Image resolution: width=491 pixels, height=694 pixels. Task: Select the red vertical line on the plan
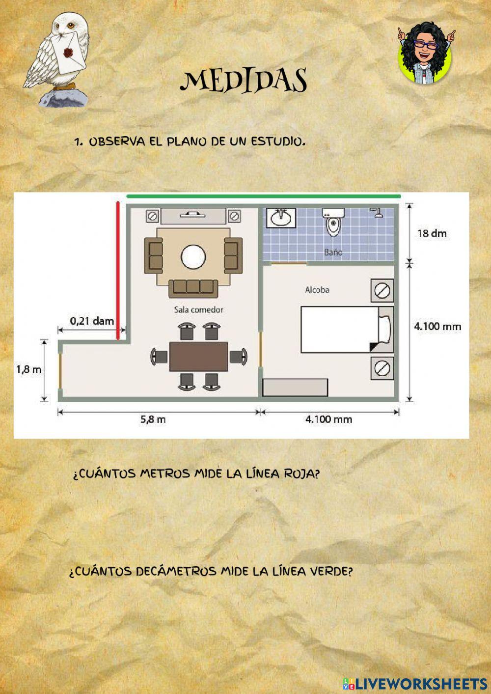click(118, 270)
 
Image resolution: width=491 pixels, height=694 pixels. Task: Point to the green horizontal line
click(264, 196)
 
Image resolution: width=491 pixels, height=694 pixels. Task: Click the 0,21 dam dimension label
click(92, 321)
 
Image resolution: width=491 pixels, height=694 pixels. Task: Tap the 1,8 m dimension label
click(29, 370)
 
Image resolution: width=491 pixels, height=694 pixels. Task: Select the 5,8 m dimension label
click(153, 419)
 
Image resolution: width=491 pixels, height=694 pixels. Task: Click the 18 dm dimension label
click(432, 233)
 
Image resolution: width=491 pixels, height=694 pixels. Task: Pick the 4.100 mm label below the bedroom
click(328, 419)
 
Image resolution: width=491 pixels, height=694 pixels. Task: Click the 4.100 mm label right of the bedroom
click(437, 326)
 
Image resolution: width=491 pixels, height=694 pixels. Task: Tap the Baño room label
click(333, 252)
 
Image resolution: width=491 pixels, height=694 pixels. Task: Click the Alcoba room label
click(317, 290)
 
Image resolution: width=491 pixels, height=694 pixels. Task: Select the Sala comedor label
click(198, 309)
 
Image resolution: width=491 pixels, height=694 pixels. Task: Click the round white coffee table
click(193, 256)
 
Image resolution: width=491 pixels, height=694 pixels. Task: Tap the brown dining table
click(198, 357)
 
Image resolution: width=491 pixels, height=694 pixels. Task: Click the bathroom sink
click(281, 218)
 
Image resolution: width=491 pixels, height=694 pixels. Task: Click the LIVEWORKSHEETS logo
click(415, 683)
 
